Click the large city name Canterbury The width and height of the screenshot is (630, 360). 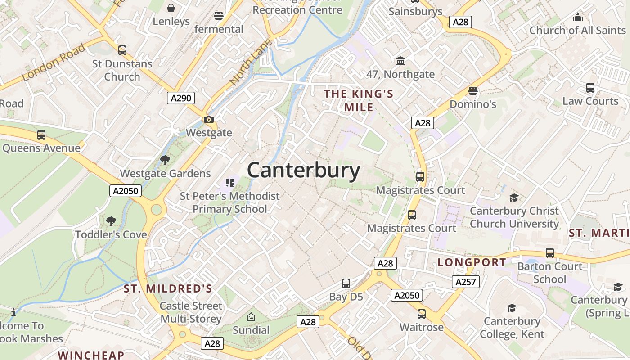click(x=304, y=171)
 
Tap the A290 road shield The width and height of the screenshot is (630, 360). click(x=181, y=98)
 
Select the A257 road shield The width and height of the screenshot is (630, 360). click(x=466, y=282)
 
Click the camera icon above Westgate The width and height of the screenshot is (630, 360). click(x=209, y=120)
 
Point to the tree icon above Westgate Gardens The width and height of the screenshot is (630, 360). click(x=165, y=160)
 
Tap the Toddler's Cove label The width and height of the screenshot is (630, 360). click(x=111, y=234)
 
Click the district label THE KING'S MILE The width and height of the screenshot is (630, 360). click(x=359, y=100)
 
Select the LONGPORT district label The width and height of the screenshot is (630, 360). click(x=472, y=262)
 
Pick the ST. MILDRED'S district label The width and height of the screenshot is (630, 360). click(x=168, y=288)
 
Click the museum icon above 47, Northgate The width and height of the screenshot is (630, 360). click(x=400, y=61)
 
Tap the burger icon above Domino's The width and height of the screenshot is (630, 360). click(x=472, y=91)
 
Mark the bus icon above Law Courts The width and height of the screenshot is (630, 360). click(x=590, y=88)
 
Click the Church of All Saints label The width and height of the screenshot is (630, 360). click(x=577, y=30)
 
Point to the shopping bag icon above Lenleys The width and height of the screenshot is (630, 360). click(x=171, y=8)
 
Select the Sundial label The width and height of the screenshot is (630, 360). click(x=251, y=330)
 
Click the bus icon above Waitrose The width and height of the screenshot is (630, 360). click(x=422, y=314)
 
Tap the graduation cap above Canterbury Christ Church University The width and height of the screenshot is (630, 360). click(x=514, y=198)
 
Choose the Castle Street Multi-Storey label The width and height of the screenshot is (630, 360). click(x=191, y=312)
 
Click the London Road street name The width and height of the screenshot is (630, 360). click(x=53, y=62)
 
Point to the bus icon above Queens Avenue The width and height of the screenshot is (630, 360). click(x=41, y=135)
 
